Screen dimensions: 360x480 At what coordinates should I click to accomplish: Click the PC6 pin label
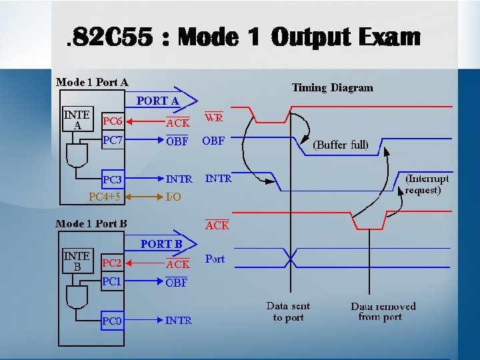(112, 122)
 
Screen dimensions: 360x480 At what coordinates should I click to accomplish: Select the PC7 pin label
(112, 141)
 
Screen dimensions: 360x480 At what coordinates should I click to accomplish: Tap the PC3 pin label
(112, 180)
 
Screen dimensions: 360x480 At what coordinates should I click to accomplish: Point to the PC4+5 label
(105, 197)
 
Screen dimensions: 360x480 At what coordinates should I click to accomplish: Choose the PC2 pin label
(111, 264)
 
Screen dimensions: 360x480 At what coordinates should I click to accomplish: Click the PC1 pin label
(111, 282)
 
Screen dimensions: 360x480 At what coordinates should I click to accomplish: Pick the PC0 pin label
(112, 321)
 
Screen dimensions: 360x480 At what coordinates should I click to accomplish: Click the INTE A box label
(77, 119)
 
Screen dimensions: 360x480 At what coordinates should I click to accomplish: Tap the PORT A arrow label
(158, 101)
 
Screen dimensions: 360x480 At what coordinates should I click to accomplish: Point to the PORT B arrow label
(161, 244)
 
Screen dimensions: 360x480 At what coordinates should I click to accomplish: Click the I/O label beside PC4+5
(173, 197)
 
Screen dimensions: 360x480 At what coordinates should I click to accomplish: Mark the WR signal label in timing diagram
(214, 118)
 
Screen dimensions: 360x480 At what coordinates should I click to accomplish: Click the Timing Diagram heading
(332, 87)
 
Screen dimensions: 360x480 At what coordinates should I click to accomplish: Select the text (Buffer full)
(341, 144)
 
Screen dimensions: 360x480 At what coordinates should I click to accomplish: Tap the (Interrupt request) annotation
(427, 184)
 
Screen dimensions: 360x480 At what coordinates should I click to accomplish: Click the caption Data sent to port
(288, 312)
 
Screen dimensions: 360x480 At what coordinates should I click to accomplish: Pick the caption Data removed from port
(383, 312)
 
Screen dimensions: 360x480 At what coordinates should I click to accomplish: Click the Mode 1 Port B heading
(91, 224)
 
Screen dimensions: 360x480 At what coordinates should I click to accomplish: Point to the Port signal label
(215, 259)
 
